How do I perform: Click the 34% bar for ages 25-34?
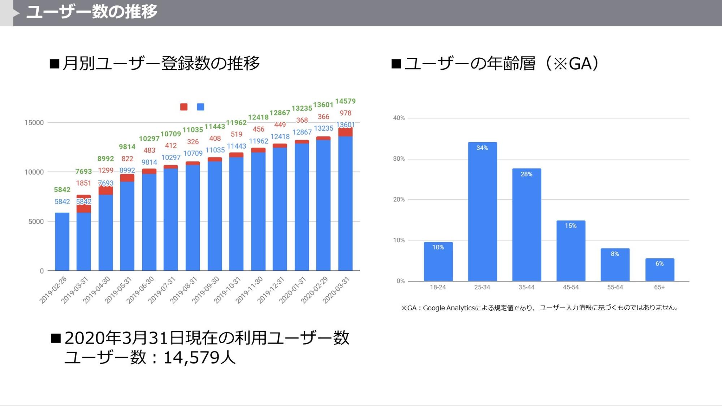coord(482,213)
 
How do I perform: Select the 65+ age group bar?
coord(660,271)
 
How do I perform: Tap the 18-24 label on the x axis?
coord(438,287)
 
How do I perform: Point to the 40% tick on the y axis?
coord(399,118)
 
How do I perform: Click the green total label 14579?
coord(345,101)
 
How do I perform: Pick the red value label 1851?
coord(83,183)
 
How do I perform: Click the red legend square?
coord(184,107)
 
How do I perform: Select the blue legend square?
coord(200,107)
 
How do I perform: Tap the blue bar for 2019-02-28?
coord(62,242)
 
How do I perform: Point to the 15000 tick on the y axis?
coord(34,123)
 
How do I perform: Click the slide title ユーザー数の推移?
coord(92,12)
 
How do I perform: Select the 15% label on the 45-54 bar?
coord(571,226)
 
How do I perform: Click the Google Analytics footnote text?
coord(540,308)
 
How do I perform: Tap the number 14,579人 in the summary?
coord(199,358)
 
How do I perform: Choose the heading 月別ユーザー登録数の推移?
coord(161,64)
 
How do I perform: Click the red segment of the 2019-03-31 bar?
coord(83,206)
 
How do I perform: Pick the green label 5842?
coord(62,190)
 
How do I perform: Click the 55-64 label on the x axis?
coord(615,287)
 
